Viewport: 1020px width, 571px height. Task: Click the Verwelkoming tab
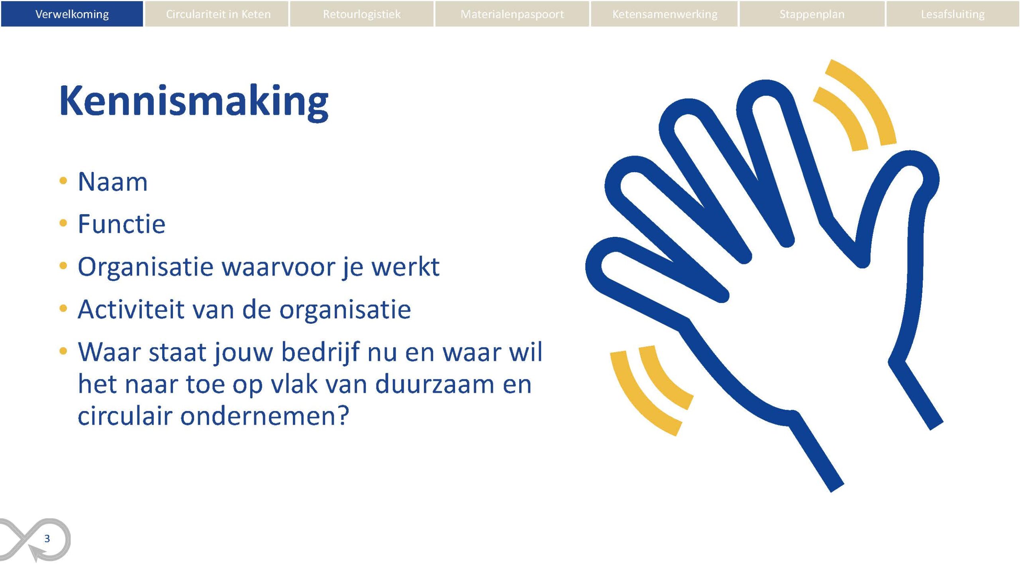[x=72, y=14]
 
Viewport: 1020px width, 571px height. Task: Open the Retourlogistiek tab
[x=361, y=14]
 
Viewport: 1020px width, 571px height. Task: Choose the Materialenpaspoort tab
[x=512, y=14]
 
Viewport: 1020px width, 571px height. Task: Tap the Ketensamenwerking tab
[x=664, y=14]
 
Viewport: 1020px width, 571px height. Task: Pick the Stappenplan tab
[x=812, y=14]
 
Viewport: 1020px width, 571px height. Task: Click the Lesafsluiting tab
[x=952, y=14]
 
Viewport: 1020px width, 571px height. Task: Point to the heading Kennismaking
[x=194, y=102]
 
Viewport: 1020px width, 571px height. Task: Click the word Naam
[x=113, y=182]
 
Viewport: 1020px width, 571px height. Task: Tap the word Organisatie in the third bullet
[x=146, y=267]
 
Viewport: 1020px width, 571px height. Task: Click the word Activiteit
[x=131, y=309]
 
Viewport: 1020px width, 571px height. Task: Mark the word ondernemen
[x=265, y=416]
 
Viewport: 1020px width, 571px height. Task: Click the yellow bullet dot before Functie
[x=63, y=223]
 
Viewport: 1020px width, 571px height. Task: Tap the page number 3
[x=47, y=539]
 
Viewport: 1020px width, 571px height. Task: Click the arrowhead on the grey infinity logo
[x=37, y=553]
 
